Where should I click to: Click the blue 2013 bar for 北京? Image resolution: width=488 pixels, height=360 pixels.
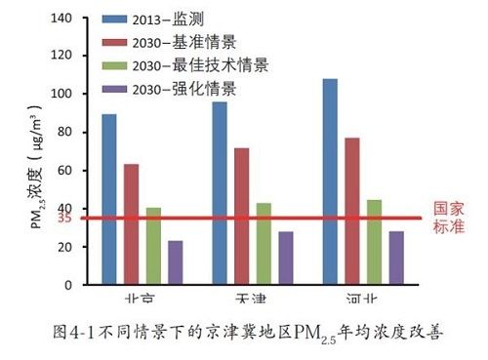(108, 199)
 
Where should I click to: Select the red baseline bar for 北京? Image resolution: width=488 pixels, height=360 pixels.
(131, 224)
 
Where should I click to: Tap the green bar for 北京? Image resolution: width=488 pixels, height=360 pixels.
(152, 246)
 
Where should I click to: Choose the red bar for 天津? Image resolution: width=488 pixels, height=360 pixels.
(241, 217)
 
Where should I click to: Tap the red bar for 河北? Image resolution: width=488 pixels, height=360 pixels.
(352, 211)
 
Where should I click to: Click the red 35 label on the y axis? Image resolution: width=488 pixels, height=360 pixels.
(64, 218)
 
